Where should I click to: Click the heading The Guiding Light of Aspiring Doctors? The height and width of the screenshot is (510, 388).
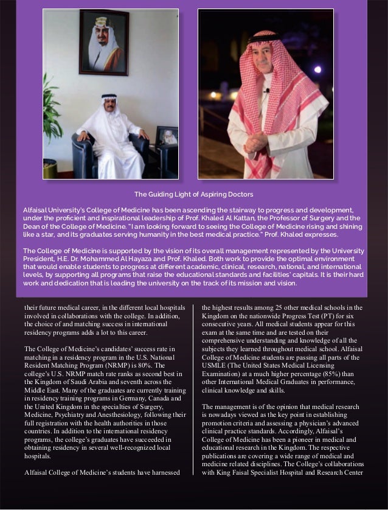(193, 194)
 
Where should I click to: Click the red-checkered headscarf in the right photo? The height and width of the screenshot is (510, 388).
(265, 73)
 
